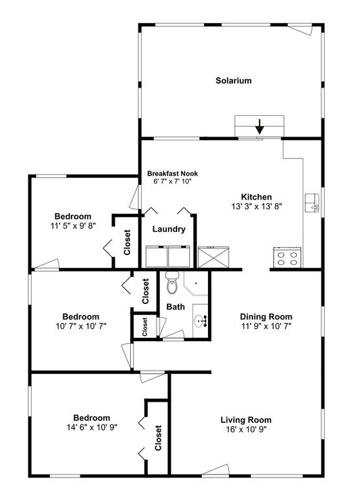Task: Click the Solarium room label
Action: click(233, 80)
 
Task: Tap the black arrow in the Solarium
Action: click(260, 126)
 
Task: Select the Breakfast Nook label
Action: click(172, 173)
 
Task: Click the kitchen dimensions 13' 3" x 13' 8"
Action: click(256, 207)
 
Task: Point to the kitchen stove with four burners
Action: click(287, 258)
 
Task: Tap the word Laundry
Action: click(169, 229)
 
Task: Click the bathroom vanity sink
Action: click(200, 319)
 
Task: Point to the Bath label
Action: click(175, 307)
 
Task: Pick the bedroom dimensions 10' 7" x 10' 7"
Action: click(81, 326)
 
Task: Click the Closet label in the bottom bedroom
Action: click(158, 438)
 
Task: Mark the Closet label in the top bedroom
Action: click(127, 242)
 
